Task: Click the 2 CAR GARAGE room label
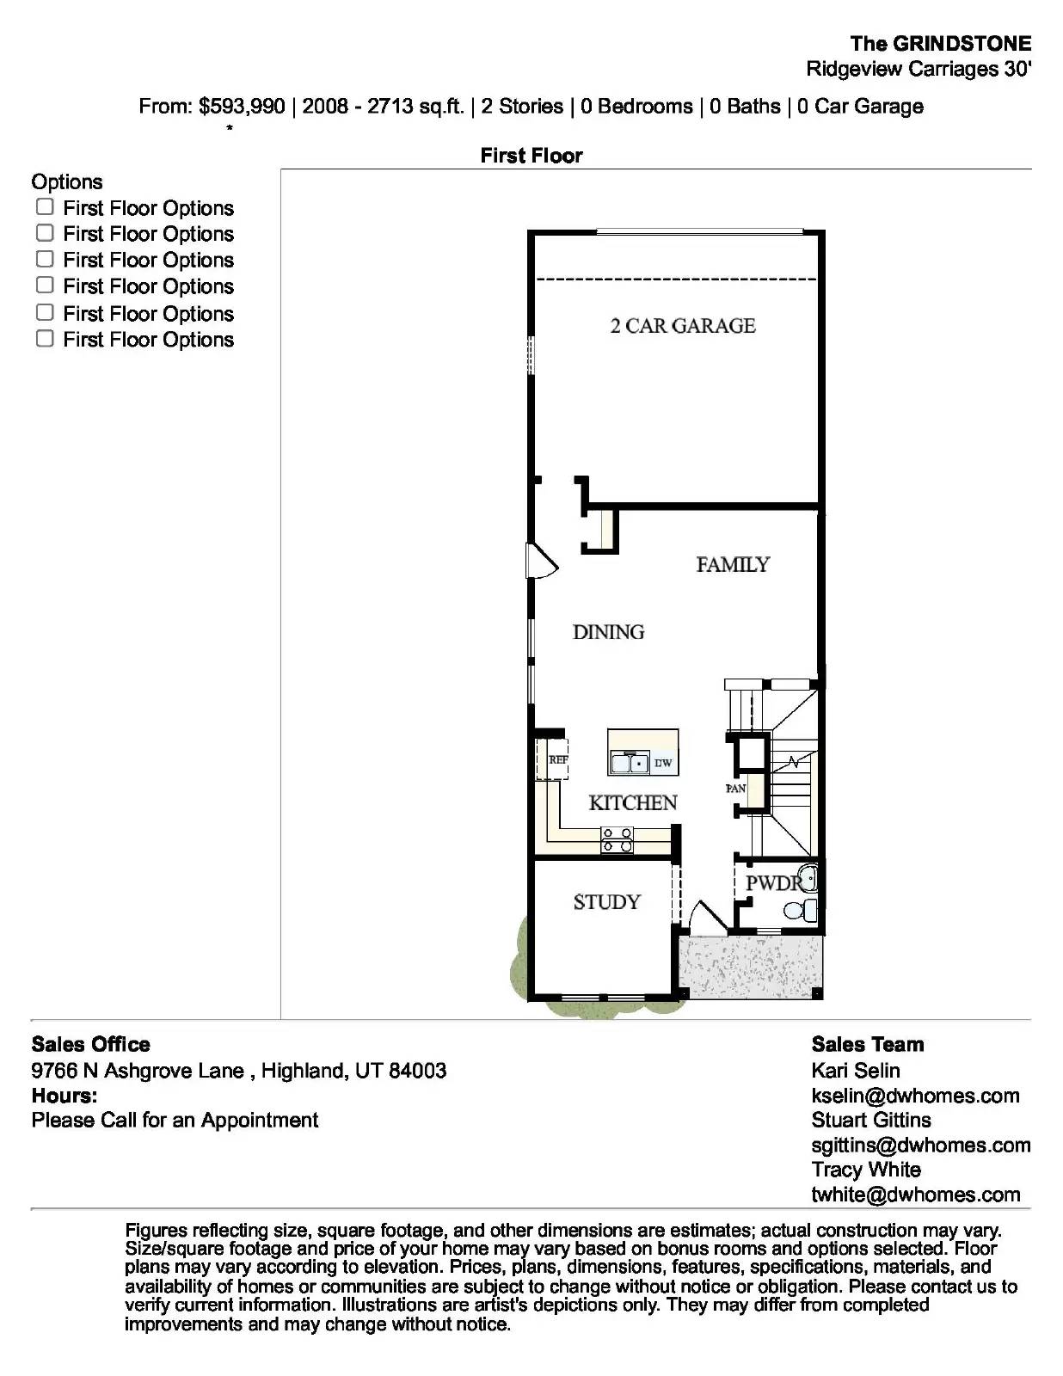coord(683,326)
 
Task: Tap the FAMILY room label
coord(733,564)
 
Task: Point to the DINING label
coord(608,632)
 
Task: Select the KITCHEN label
coord(633,802)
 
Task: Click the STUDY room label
coord(606,902)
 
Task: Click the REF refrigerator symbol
coord(557,759)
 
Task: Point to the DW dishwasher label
coord(663,763)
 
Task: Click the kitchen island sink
coord(630,762)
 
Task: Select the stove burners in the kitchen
coord(617,839)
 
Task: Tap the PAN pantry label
coord(735,788)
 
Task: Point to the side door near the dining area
coord(541,562)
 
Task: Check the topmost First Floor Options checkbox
coord(45,207)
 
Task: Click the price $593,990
coord(242,107)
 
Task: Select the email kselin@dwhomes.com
coord(915,1096)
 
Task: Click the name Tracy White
coord(866,1170)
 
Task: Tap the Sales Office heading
coord(90,1044)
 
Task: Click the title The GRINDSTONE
coord(940,44)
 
